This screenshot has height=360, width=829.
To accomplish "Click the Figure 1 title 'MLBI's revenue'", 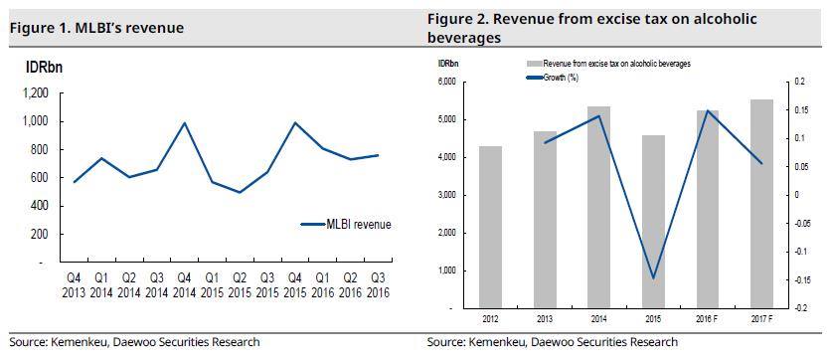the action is pos(129,28).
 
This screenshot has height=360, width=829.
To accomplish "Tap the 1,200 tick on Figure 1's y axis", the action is pos(37,93).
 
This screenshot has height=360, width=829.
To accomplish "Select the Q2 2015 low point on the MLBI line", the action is pos(240,192).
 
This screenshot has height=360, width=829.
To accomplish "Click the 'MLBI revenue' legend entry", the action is pos(345,224).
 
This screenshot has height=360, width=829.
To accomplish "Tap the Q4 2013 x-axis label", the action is pos(74,285).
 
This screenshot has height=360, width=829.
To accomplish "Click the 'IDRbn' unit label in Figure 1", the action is pos(45,68).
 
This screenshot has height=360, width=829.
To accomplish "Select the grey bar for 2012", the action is pos(490,228).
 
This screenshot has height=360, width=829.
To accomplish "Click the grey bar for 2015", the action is pos(653,222).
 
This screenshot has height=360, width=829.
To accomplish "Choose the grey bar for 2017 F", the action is pos(761,204).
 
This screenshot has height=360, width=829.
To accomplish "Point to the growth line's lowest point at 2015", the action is pos(653,278).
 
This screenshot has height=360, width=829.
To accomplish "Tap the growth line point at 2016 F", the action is pos(708,110).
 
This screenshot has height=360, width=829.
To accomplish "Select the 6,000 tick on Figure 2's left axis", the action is pos(447,82).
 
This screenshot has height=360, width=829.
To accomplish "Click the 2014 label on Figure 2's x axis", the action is pos(599,319).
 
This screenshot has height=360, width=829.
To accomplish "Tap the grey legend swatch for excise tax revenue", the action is pos(535,64).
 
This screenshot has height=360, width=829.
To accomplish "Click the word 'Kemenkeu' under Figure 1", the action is pos(76,342).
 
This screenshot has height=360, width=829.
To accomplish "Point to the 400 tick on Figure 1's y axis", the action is pos(40,206).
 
